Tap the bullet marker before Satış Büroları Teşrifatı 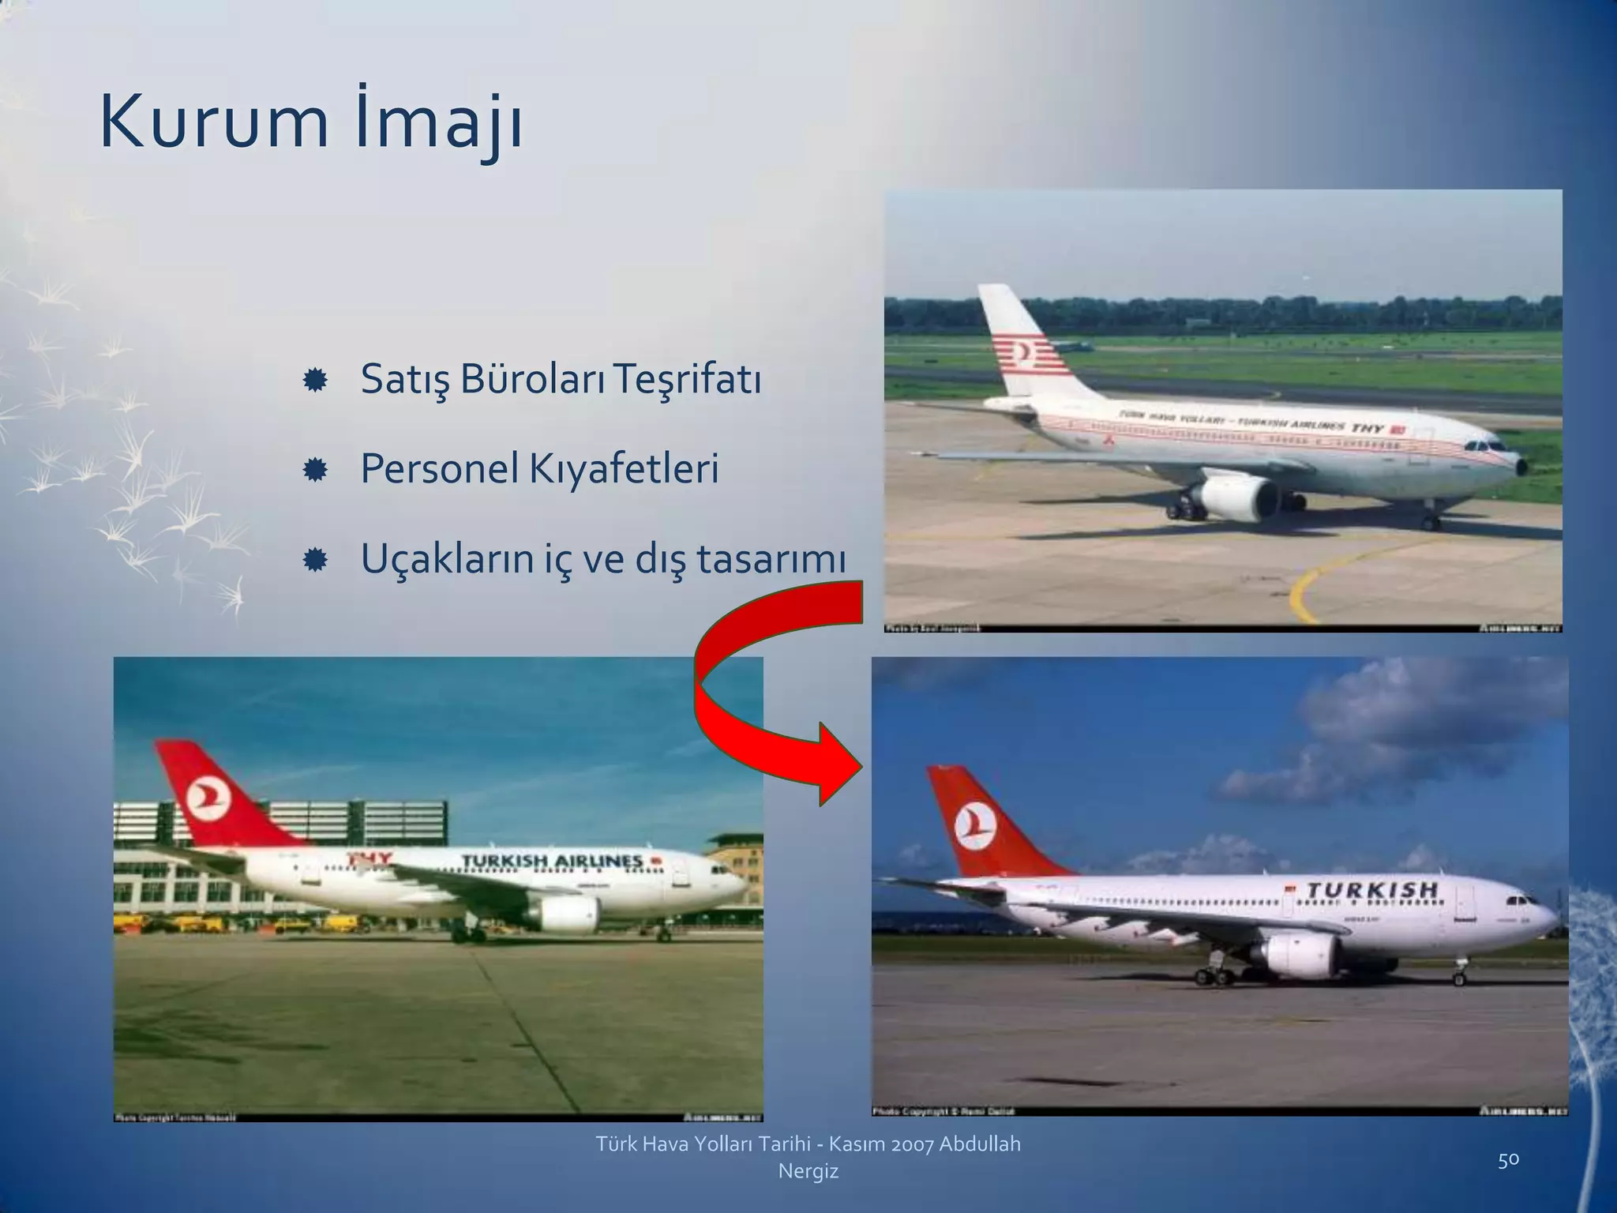point(315,381)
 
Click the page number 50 point(1508,1159)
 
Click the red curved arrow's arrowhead point(839,764)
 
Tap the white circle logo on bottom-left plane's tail point(208,798)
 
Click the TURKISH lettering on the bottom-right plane point(1372,891)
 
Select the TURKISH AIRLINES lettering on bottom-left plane point(552,861)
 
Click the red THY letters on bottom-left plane point(370,859)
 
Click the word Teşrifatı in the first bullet point(686,380)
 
